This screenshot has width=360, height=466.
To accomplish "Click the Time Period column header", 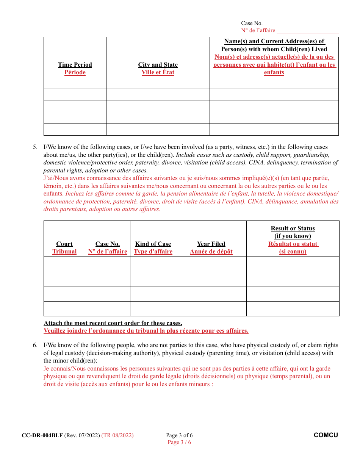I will (x=75, y=65).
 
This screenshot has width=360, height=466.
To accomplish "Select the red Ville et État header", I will (x=158, y=72).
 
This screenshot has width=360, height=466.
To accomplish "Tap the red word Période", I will (x=75, y=72).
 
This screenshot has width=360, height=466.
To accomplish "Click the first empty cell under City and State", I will (x=158, y=83).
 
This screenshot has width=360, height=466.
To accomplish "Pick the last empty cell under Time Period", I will (x=75, y=130).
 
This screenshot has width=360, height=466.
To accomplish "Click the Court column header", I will (x=64, y=244).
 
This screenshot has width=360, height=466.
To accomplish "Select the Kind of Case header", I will (x=153, y=244).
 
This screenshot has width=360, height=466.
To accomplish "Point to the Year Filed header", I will (x=211, y=244).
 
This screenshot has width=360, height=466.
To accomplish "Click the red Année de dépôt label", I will (x=211, y=252).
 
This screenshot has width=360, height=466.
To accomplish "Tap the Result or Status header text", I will (x=293, y=228).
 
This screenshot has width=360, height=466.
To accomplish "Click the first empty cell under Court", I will (x=64, y=264).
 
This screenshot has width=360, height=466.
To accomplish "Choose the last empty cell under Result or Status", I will (x=293, y=309).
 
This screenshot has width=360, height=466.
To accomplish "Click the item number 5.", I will (x=35, y=147).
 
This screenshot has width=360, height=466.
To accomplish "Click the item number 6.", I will (x=35, y=345).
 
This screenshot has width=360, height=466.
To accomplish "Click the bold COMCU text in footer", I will (x=326, y=435).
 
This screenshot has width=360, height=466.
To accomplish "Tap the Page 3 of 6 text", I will (x=179, y=435).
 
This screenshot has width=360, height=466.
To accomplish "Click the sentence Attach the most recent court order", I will (x=113, y=323).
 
